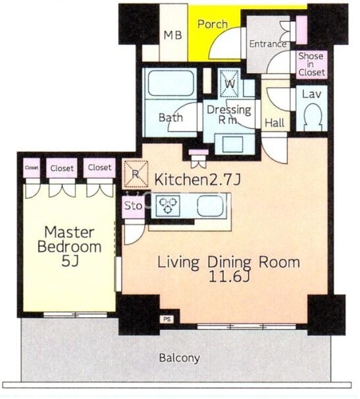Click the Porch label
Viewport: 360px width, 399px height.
click(x=213, y=24)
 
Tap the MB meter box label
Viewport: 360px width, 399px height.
click(x=172, y=35)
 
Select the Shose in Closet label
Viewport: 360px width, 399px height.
click(x=311, y=64)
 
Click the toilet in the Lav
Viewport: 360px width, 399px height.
click(x=313, y=117)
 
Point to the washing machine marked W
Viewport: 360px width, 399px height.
click(x=230, y=84)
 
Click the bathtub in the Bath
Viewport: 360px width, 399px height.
click(x=170, y=83)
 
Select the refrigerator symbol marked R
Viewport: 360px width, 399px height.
click(x=136, y=174)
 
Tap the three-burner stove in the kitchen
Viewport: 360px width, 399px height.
click(x=167, y=205)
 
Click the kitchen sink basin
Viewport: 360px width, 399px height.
click(x=212, y=206)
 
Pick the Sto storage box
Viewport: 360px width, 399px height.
click(x=133, y=206)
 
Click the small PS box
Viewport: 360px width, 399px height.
click(x=167, y=319)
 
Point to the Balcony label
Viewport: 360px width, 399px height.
click(x=180, y=358)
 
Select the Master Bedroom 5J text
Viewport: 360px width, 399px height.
click(x=69, y=246)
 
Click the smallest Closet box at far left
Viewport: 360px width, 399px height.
click(x=32, y=168)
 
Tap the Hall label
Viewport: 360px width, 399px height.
click(x=274, y=123)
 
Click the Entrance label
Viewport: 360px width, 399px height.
click(x=268, y=44)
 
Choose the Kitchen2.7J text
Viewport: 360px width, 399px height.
click(x=197, y=180)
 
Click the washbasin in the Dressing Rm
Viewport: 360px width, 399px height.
click(x=233, y=144)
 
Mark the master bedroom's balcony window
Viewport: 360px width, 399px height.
click(x=75, y=315)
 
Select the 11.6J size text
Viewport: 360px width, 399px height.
click(x=229, y=277)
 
